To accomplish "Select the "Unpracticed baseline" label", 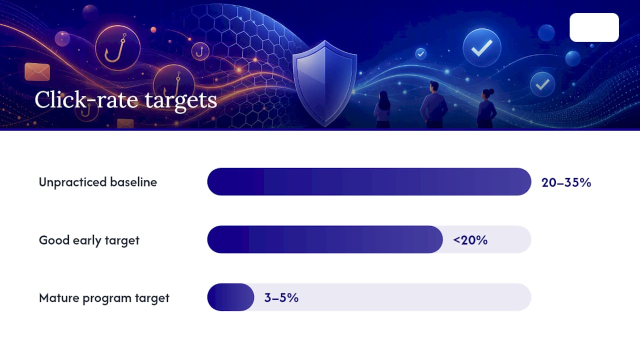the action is pos(97,182).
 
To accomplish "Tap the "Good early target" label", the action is pos(89,240).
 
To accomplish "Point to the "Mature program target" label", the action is pos(104,298).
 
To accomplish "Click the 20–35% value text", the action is pos(566,182).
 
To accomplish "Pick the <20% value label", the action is pos(470,240).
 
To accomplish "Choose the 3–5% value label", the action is pos(281,297).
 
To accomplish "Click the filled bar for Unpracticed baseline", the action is pos(369,181).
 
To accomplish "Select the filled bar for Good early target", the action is pos(325,239).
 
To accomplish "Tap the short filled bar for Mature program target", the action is pos(230,297).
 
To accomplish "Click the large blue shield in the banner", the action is pos(324,83).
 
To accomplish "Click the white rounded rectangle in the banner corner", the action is pos(594,27).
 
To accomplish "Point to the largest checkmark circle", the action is pos(481,47).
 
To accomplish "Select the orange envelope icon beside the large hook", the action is pos(37,71).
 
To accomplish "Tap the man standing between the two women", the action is pos(433,104).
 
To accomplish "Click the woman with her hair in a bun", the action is pos(486,108).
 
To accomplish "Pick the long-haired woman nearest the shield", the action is pos(383,109).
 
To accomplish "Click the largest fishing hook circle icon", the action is pos(117,48).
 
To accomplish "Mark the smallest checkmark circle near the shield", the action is pos(420,53).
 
